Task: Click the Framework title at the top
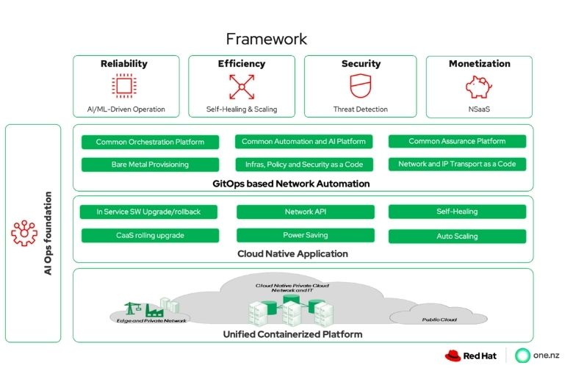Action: (x=266, y=38)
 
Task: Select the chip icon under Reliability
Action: (x=124, y=87)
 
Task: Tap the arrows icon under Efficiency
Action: (x=241, y=87)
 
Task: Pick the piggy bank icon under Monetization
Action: (x=479, y=87)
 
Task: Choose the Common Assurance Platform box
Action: (x=457, y=141)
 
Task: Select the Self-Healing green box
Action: (x=457, y=212)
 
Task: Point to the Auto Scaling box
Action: (x=457, y=237)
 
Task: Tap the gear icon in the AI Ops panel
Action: (x=24, y=234)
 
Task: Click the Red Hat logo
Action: (x=470, y=356)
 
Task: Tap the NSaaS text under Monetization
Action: (x=479, y=109)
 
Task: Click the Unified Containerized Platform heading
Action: (x=292, y=334)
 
